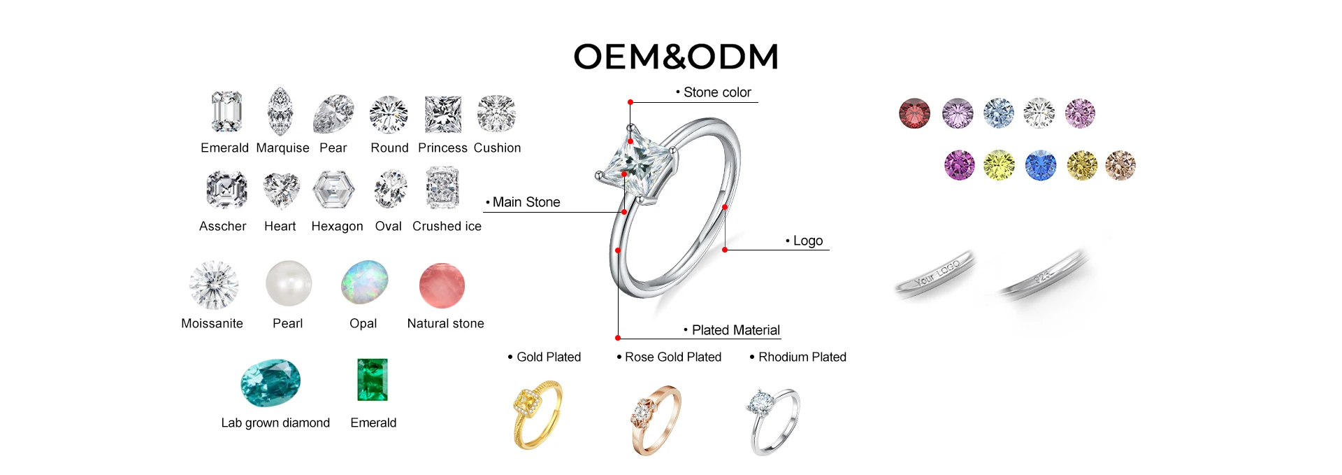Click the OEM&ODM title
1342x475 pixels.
[x=676, y=57]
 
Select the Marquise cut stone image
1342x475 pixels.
[x=280, y=111]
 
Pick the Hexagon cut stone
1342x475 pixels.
[x=333, y=190]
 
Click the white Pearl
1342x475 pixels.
[x=289, y=283]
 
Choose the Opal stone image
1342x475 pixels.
[x=364, y=282]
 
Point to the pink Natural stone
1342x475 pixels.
[x=442, y=285]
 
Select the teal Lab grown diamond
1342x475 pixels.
[x=270, y=382]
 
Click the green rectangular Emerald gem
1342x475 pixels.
[x=373, y=380]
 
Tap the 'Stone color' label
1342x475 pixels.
[x=716, y=92]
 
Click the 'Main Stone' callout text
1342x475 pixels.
[x=526, y=202]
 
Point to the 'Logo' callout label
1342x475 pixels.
[x=807, y=241]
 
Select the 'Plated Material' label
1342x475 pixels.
[x=735, y=330]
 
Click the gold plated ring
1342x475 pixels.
[x=537, y=414]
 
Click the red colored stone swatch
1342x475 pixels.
[x=914, y=113]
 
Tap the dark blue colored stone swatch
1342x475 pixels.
[x=1040, y=166]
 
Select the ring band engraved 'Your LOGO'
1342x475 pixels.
[x=935, y=275]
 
